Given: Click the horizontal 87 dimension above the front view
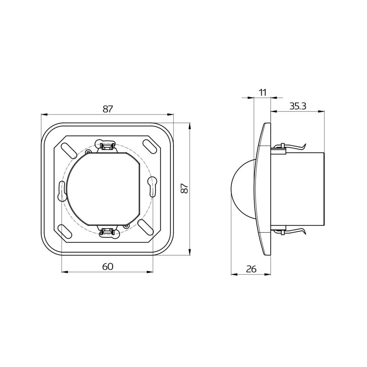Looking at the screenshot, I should click(107, 109).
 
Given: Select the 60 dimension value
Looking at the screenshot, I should click(107, 267).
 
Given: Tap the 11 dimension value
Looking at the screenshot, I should click(263, 92).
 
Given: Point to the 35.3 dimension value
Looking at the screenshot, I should click(298, 106).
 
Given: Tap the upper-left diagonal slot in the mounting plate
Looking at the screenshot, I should click(67, 149).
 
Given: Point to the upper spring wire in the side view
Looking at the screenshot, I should click(294, 146).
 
